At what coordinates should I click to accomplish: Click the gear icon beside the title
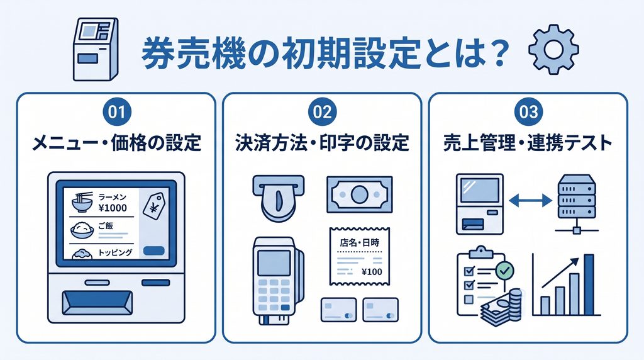pos(553,49)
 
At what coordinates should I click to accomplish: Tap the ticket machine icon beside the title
pos(96,49)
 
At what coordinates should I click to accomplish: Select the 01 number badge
pos(116,112)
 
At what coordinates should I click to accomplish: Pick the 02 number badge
pos(322,112)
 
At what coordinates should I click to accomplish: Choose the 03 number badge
pos(528,112)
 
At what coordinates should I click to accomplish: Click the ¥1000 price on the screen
pos(113,208)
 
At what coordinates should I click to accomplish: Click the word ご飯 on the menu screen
pos(106,226)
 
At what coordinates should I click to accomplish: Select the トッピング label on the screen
pos(115,252)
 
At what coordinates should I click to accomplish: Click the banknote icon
pos(359,194)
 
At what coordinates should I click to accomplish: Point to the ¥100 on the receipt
pos(372,272)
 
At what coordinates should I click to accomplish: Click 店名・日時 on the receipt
pos(360,242)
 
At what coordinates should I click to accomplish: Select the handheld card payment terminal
pos(277,280)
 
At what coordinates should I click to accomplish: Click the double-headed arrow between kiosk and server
pos(530,201)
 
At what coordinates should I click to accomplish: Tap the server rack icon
pos(576,203)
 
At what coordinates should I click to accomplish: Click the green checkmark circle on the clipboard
pos(505,271)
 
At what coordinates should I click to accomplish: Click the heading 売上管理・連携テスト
pos(528,143)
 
